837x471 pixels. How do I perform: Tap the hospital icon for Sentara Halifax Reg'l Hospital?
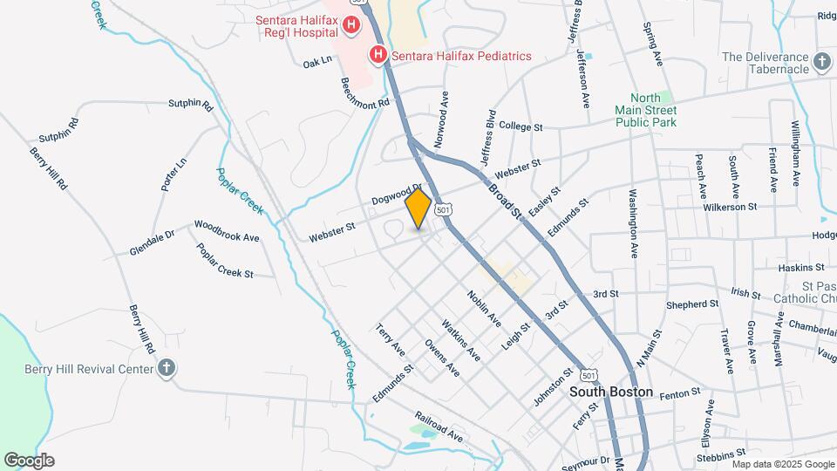[x=351, y=25]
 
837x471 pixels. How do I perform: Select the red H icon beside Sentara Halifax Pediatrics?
[x=379, y=56]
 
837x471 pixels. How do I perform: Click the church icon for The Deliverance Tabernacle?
[x=820, y=63]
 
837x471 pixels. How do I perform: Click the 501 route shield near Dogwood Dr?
[x=444, y=210]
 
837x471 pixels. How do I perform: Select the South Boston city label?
[x=611, y=392]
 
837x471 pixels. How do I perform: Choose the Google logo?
[x=29, y=461]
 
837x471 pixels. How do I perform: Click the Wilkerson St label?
[x=731, y=208]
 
